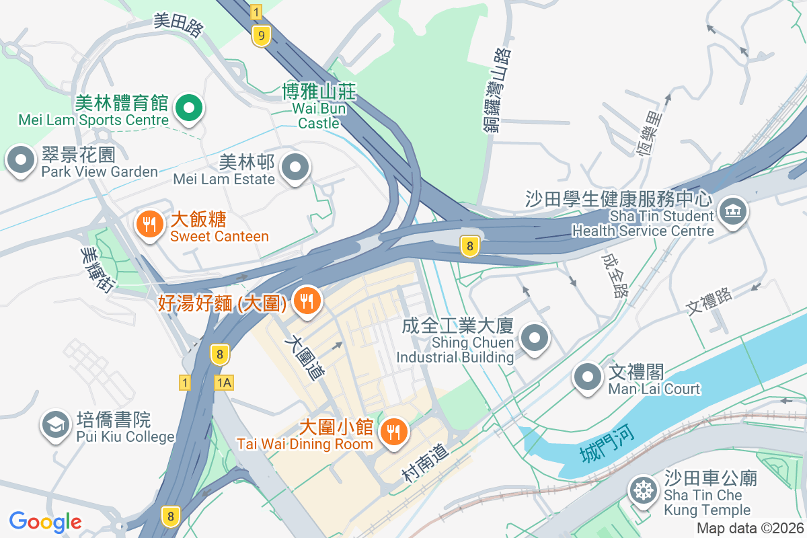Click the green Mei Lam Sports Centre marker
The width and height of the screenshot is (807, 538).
[x=190, y=108]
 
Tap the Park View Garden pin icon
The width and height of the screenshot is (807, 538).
[x=21, y=161]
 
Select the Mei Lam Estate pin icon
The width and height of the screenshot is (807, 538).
[x=295, y=167]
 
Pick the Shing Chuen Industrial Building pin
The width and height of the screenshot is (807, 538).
[x=535, y=338]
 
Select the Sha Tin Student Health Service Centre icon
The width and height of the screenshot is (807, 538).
[x=732, y=212]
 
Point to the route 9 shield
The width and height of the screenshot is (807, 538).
[x=261, y=36]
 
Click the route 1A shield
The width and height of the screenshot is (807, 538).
[x=224, y=383]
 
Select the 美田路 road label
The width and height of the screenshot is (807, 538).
[x=178, y=24]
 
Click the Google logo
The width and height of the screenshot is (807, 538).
[x=46, y=521]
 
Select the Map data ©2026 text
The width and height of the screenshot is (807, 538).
[x=749, y=528]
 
